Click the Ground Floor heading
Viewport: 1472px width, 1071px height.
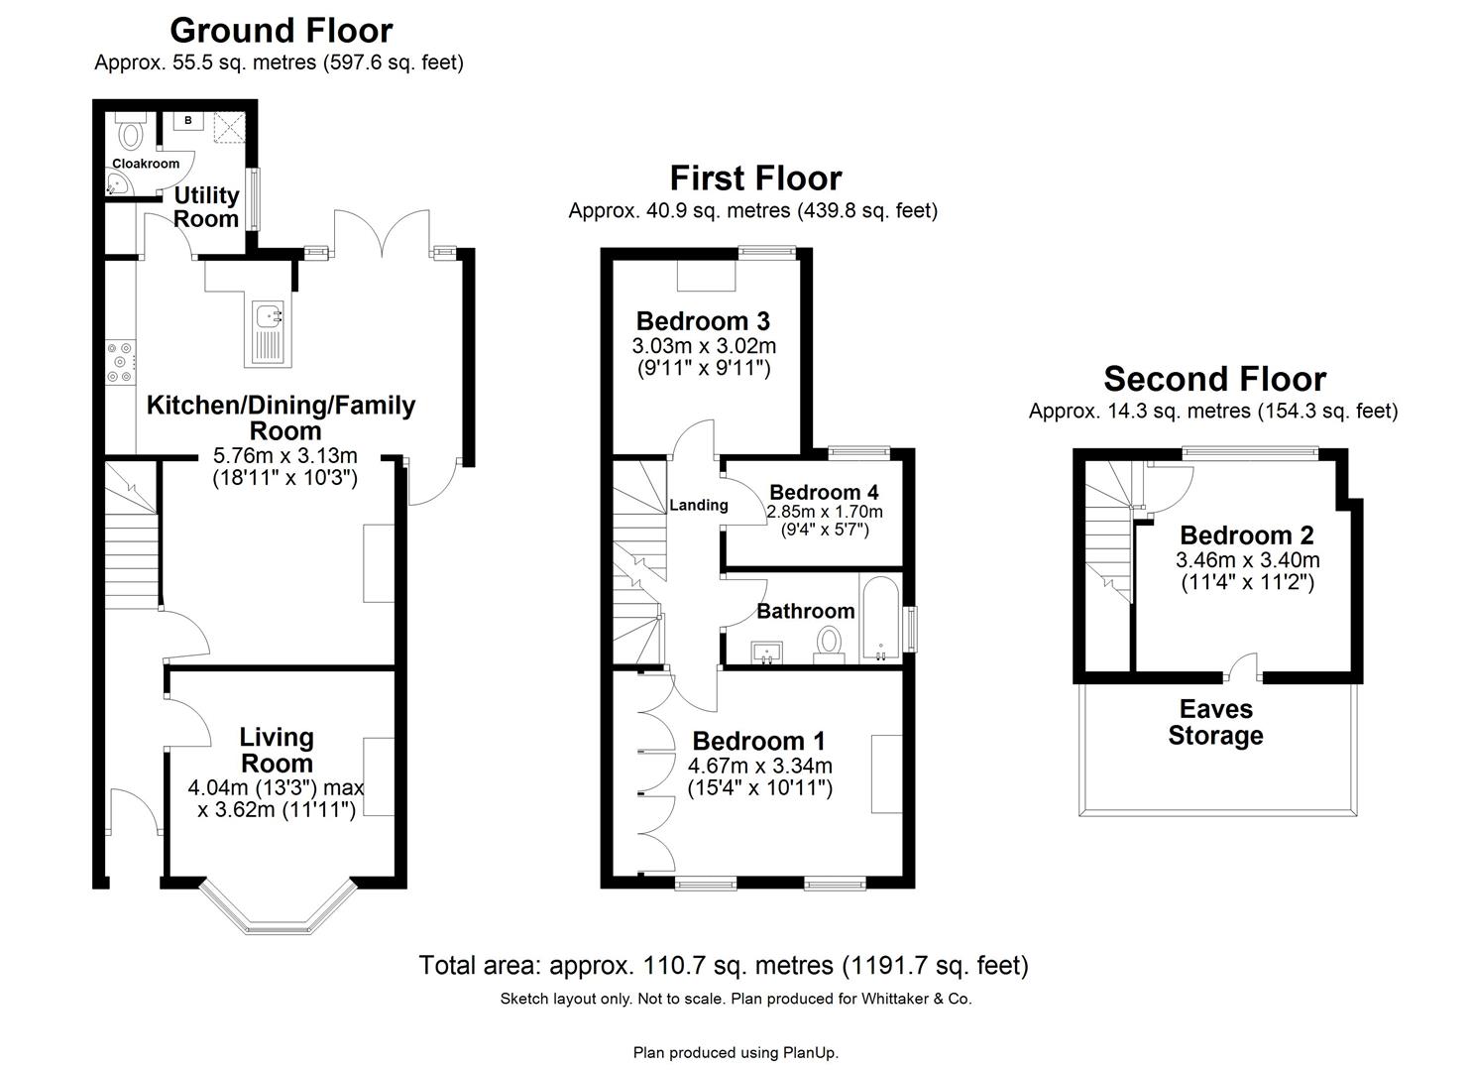281,30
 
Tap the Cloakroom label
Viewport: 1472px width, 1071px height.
146,164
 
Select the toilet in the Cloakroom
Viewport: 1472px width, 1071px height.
130,131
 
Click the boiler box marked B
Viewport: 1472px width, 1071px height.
187,122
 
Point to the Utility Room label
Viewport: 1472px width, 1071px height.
206,206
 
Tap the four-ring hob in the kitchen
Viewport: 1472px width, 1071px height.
120,361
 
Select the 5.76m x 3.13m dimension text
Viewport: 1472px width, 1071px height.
284,456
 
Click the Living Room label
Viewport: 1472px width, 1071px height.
277,750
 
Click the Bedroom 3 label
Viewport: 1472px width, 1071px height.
703,321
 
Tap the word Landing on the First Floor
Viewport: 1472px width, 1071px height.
698,505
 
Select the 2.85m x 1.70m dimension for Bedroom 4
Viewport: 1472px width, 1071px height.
824,512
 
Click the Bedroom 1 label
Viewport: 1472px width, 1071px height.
758,741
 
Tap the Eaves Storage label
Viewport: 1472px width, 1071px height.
1215,722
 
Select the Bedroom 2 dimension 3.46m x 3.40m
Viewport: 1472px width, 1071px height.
1247,559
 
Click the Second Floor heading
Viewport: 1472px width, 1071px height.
1214,379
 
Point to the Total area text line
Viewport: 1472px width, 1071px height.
723,965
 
